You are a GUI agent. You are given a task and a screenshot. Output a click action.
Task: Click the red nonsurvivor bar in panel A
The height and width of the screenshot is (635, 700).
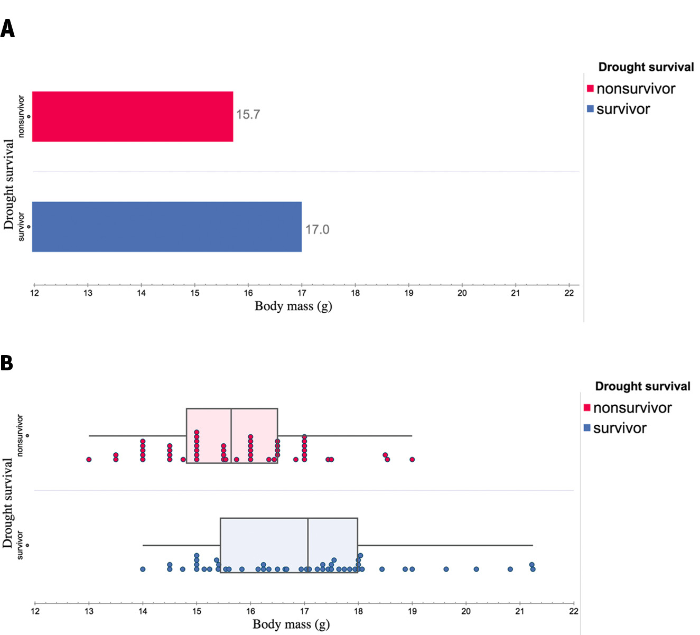pyautogui.click(x=132, y=116)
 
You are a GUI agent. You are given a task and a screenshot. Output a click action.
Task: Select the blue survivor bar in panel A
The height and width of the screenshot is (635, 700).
pyautogui.click(x=166, y=227)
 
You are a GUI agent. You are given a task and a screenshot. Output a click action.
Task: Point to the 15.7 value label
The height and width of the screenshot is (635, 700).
pyautogui.click(x=248, y=115)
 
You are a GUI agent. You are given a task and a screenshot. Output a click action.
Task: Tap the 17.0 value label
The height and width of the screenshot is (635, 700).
pyautogui.click(x=317, y=229)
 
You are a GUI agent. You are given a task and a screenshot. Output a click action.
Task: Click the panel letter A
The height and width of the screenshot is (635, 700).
pyautogui.click(x=7, y=29)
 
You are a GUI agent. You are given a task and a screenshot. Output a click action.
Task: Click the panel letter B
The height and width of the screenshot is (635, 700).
pyautogui.click(x=7, y=363)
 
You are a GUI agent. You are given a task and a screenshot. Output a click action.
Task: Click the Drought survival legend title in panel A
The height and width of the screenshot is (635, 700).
pyautogui.click(x=646, y=67)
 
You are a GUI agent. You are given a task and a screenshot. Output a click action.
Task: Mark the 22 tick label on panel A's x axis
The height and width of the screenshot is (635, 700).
pyautogui.click(x=569, y=293)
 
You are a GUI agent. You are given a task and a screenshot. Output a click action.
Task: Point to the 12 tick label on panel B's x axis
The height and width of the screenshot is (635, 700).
pyautogui.click(x=35, y=611)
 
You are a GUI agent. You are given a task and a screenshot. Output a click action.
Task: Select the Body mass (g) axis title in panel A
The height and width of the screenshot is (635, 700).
pyautogui.click(x=293, y=306)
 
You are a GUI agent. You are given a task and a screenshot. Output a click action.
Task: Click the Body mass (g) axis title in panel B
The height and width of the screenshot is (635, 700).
pyautogui.click(x=291, y=624)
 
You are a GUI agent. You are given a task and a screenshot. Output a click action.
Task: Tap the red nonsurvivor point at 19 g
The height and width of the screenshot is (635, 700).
pyautogui.click(x=412, y=459)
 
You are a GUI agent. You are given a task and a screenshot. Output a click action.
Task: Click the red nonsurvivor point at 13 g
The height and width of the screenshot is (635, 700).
pyautogui.click(x=89, y=459)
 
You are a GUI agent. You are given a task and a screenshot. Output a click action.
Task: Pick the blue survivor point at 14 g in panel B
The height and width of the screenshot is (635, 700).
pyautogui.click(x=143, y=569)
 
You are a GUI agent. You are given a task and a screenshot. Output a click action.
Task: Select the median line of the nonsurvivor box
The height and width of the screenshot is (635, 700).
pyautogui.click(x=231, y=435)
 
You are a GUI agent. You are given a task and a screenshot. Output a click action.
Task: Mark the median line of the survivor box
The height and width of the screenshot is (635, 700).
pyautogui.click(x=308, y=545)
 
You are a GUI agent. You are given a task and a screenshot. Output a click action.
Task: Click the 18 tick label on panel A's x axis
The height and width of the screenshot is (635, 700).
pyautogui.click(x=355, y=293)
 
